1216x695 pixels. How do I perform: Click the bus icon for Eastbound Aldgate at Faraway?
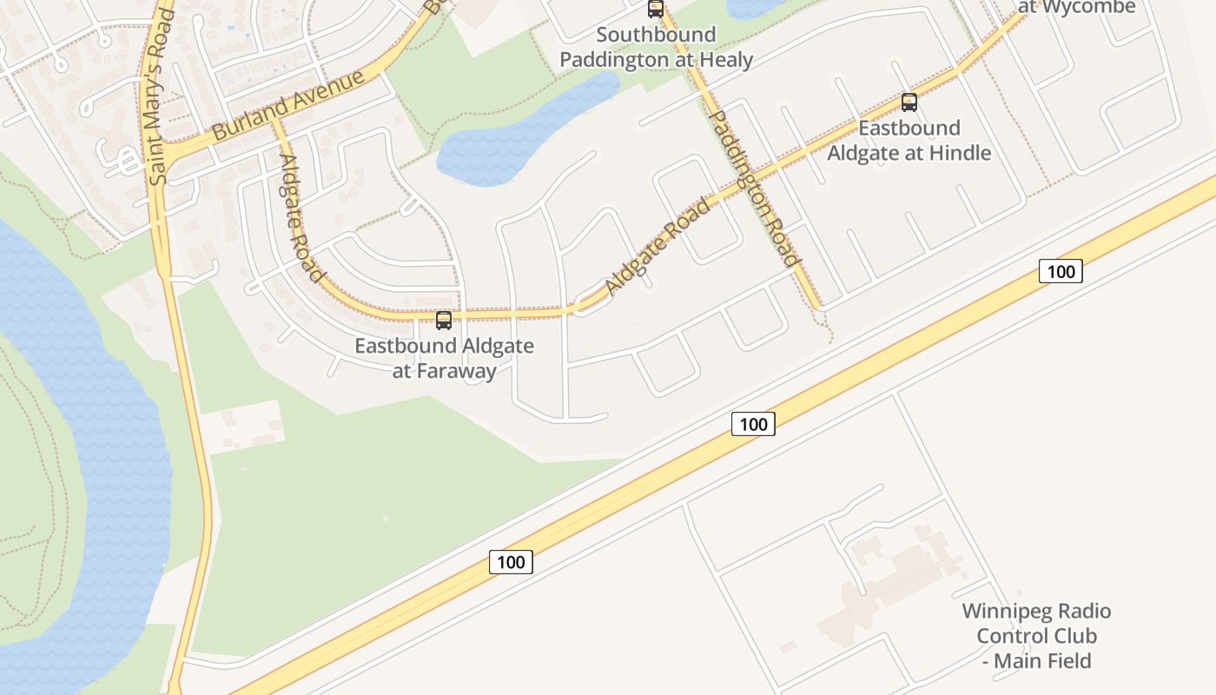pos(444,320)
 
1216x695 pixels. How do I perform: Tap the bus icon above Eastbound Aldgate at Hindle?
pos(909,103)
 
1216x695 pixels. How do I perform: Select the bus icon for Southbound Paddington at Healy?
pos(656,10)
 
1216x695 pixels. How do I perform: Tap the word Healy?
pos(723,60)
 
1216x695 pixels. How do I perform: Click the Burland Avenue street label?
pos(287,105)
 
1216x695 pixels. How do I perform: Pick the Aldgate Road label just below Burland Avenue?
pos(301,217)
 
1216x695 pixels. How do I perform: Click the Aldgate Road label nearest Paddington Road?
pos(658,247)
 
